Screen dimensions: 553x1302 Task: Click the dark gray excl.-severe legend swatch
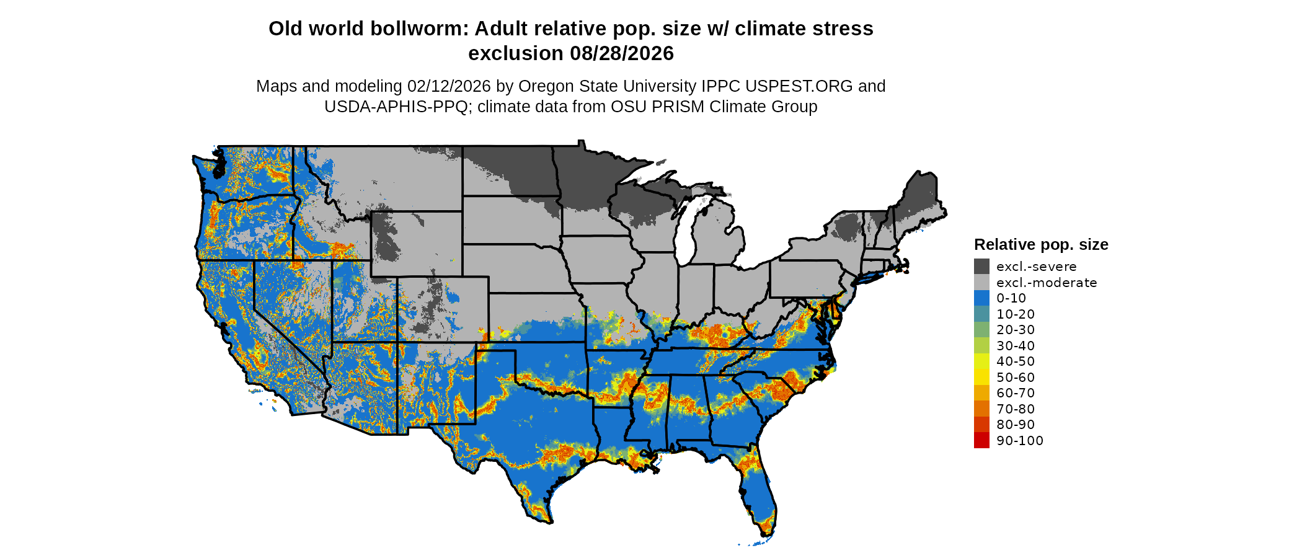(x=981, y=267)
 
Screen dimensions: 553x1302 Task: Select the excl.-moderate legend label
(x=1047, y=283)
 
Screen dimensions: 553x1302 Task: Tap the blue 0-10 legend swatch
(x=981, y=298)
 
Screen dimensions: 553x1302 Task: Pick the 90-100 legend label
(x=1020, y=441)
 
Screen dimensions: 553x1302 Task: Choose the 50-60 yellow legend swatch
(x=981, y=378)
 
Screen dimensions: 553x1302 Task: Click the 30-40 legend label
(x=1016, y=346)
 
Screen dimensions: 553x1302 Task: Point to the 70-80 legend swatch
(x=981, y=409)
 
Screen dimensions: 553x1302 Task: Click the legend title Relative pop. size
(x=1041, y=245)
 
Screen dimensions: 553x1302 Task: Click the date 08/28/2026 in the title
(x=622, y=54)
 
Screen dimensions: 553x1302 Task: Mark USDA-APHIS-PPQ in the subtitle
(x=396, y=107)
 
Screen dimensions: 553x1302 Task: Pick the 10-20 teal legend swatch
(x=981, y=314)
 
